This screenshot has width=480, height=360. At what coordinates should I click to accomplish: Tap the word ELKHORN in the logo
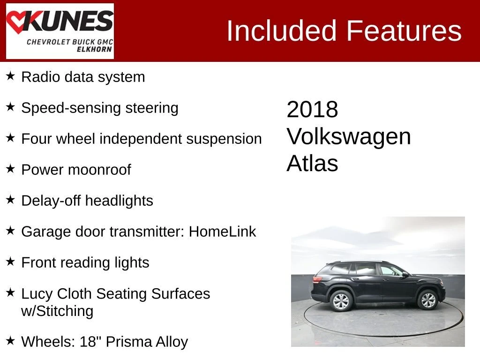pyautogui.click(x=94, y=49)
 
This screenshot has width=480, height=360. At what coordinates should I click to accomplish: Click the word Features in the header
pyautogui.click(x=404, y=30)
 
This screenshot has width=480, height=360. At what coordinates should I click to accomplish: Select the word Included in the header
pyautogui.click(x=282, y=30)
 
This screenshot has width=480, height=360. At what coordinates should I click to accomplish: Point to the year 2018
pyautogui.click(x=312, y=109)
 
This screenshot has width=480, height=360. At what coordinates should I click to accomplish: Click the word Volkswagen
pyautogui.click(x=349, y=137)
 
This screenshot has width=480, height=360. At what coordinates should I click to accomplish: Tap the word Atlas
pyautogui.click(x=312, y=163)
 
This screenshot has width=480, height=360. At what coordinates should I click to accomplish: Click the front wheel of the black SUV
pyautogui.click(x=427, y=300)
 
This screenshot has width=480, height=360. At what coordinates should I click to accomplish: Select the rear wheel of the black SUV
pyautogui.click(x=341, y=301)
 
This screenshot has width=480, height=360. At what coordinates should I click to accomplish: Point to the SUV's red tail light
pyautogui.click(x=317, y=279)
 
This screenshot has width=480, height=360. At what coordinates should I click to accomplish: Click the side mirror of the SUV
pyautogui.click(x=405, y=274)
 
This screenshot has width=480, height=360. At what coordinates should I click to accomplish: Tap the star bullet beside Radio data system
pyautogui.click(x=10, y=76)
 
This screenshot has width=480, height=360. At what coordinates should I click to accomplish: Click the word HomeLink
pyautogui.click(x=222, y=232)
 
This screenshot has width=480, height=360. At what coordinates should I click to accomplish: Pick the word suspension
pyautogui.click(x=224, y=140)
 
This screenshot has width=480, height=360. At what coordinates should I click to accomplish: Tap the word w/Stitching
pyautogui.click(x=57, y=311)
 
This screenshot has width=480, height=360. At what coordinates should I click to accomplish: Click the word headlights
pyautogui.click(x=119, y=201)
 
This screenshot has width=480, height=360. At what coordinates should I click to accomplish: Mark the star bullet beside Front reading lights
pyautogui.click(x=10, y=262)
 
